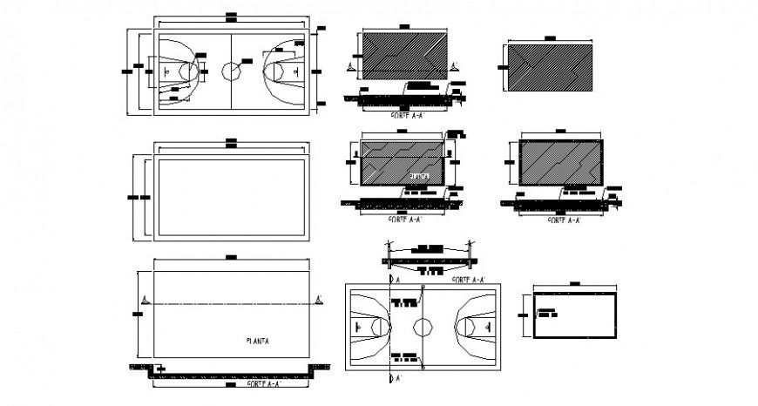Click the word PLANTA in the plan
coord(259,341)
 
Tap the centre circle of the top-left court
coord(231,68)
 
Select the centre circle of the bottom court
coord(422,325)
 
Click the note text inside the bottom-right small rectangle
coord(548,313)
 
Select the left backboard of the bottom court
coord(357,325)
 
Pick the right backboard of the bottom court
coord(486,325)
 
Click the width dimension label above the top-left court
coord(230,14)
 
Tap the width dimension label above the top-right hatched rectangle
coord(549,37)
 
